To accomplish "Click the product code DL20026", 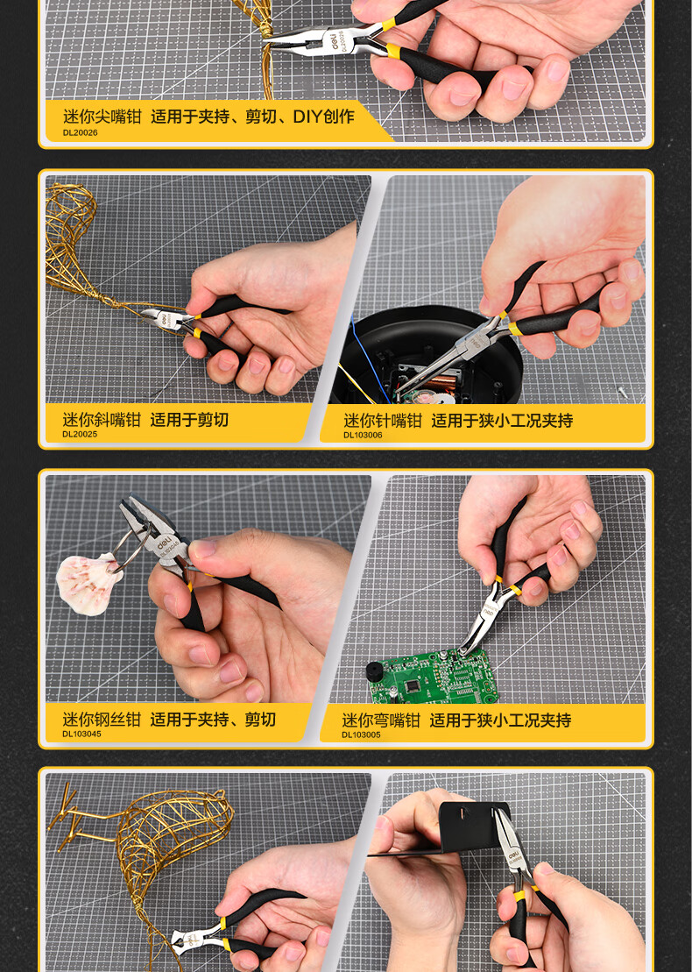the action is coord(80,132).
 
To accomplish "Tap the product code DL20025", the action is coord(80,435).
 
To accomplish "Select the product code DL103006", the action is coord(363,436).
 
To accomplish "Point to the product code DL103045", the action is coord(81,734).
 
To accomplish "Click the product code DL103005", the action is coord(361,734).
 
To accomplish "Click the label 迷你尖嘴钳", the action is coord(102,117).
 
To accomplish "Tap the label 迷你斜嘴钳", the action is coord(102,420).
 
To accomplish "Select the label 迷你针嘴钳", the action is coord(383,421).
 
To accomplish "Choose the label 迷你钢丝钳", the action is coord(102,720).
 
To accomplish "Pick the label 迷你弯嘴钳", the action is coord(381,720).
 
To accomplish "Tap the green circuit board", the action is coord(434,677).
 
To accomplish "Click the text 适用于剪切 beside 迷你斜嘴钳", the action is coord(189,420).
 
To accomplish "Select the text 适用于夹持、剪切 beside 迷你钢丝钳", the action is coord(213,720).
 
